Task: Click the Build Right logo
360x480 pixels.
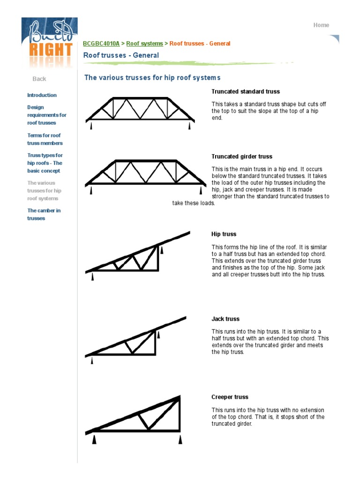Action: tap(49, 43)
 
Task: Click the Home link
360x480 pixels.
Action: tap(321, 25)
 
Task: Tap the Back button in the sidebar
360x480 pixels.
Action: tap(39, 79)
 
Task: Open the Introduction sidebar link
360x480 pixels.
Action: tap(42, 95)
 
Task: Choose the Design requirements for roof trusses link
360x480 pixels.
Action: tap(46, 115)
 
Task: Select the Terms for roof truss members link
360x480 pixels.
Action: tap(45, 139)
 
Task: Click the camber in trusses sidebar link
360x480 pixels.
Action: tap(44, 214)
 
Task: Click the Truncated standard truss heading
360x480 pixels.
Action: tap(245, 91)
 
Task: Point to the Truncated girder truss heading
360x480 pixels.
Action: tap(241, 157)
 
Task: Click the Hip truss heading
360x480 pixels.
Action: tap(224, 234)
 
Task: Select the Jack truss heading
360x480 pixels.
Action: tap(225, 319)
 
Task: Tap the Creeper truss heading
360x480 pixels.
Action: tap(230, 397)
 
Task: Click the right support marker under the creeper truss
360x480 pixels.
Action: tap(180, 439)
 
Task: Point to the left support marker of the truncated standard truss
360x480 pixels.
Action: tap(91, 126)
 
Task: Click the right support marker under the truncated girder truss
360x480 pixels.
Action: tap(201, 190)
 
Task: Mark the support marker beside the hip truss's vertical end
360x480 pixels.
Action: tap(162, 250)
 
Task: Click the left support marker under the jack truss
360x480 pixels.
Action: tap(91, 360)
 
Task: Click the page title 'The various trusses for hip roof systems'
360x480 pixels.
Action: tap(152, 77)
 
